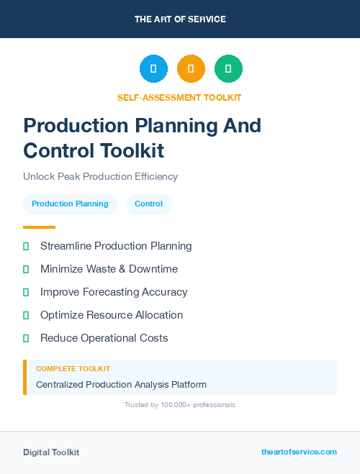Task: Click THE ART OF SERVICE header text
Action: point(180,19)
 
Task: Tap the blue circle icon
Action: point(153,68)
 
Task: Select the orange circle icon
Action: point(191,68)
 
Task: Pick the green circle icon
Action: point(228,68)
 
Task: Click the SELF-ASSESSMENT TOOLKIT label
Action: point(179,97)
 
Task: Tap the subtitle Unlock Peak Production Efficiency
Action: point(100,176)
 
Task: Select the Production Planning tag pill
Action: point(70,204)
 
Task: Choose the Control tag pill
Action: point(148,204)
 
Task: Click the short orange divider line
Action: point(39,227)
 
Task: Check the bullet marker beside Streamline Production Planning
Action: point(26,246)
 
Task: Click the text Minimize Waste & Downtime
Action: point(109,269)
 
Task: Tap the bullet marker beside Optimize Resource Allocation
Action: point(26,315)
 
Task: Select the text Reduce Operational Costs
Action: point(104,338)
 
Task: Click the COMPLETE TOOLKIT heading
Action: point(73,368)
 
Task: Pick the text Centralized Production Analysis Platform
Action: point(121,385)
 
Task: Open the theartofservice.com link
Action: point(299,452)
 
